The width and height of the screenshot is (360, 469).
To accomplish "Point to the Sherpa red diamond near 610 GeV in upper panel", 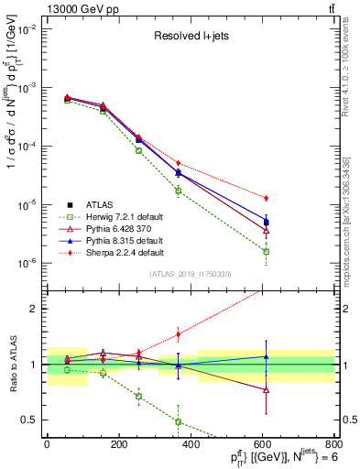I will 266,198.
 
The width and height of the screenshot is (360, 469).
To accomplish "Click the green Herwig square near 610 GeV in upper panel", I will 266,251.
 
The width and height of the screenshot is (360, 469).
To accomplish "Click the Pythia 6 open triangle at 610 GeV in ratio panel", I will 266,389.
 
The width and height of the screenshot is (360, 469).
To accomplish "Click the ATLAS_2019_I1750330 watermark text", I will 190,274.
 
